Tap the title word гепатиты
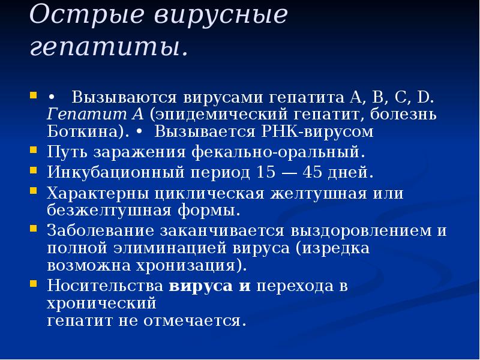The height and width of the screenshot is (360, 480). pyautogui.click(x=108, y=47)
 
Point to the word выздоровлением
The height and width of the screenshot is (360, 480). pyautogui.click(x=358, y=231)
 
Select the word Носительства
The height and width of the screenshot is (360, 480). pyautogui.click(x=106, y=286)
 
